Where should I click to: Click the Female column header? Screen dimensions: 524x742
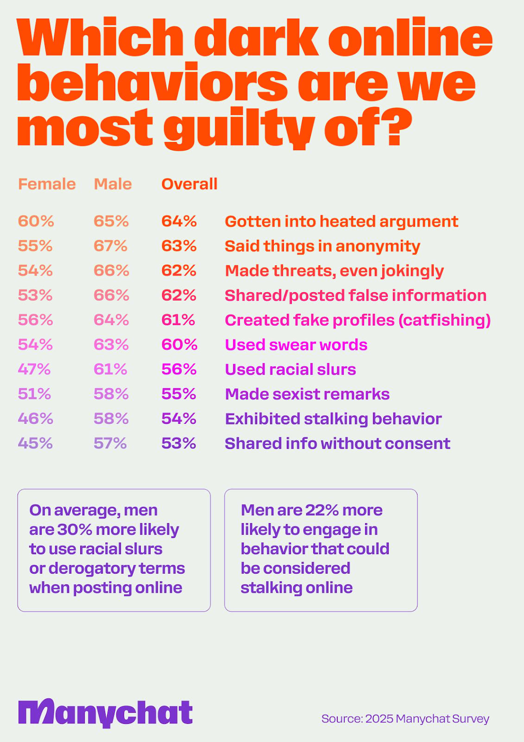(x=47, y=184)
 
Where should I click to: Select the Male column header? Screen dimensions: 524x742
(x=113, y=184)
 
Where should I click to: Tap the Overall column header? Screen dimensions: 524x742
(x=189, y=184)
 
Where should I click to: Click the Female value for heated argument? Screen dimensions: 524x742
(x=36, y=221)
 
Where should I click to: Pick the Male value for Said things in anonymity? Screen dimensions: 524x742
(x=111, y=246)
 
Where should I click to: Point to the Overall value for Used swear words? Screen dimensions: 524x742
(x=179, y=345)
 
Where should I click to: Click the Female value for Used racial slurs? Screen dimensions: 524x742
(x=34, y=369)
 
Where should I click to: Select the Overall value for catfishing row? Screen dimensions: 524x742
(x=178, y=320)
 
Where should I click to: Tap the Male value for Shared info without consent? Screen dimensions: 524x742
(x=110, y=443)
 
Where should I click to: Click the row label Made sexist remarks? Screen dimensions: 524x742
(x=307, y=394)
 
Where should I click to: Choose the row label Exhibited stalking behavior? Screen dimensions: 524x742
(x=333, y=419)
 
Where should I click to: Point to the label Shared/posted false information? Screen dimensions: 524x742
(x=356, y=295)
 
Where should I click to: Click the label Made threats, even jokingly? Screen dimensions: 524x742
(x=335, y=271)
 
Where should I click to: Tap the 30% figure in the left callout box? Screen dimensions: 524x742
(x=75, y=529)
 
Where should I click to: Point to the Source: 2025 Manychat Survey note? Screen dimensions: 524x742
(x=405, y=718)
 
